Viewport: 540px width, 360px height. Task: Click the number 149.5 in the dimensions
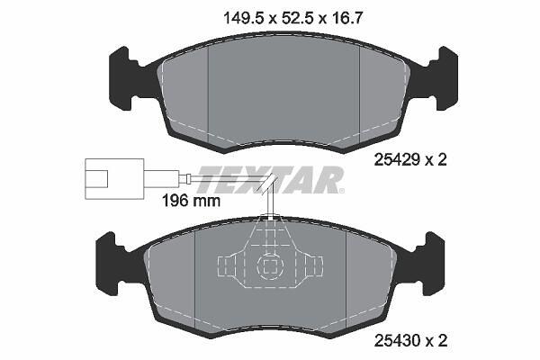244,18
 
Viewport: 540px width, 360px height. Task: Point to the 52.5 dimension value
297,18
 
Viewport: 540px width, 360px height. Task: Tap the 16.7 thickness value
346,18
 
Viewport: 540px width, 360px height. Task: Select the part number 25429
397,159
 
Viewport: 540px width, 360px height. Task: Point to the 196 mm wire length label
191,201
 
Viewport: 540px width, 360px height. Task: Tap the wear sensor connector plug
114,179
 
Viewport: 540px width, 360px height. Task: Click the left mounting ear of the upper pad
124,78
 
